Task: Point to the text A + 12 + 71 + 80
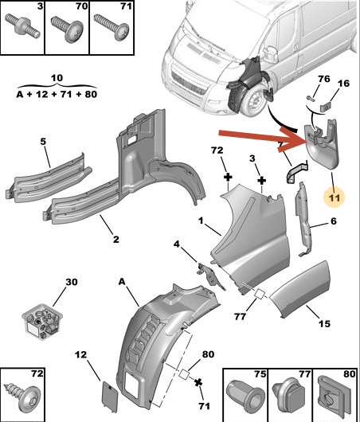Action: point(56,94)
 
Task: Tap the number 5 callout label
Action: point(44,142)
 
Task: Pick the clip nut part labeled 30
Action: point(41,320)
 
